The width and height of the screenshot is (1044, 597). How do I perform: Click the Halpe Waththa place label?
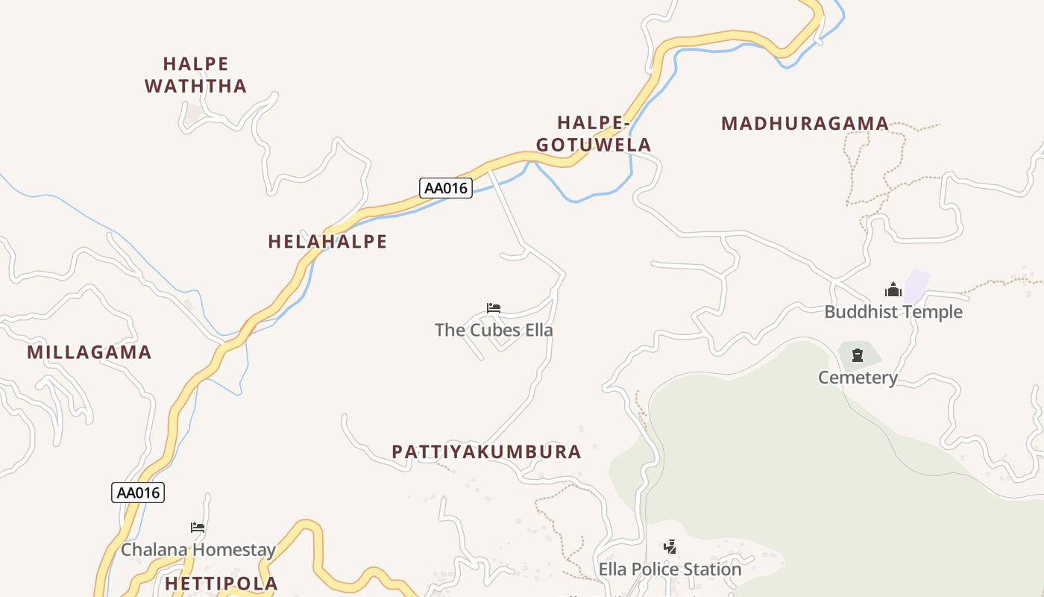pyautogui.click(x=195, y=75)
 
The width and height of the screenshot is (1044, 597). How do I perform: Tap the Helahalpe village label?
pyautogui.click(x=327, y=242)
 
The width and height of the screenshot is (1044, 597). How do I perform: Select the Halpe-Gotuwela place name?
pyautogui.click(x=594, y=134)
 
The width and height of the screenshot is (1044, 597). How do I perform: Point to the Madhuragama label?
pyautogui.click(x=805, y=124)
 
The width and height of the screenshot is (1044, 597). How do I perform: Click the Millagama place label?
pyautogui.click(x=89, y=352)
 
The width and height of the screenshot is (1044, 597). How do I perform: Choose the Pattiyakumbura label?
pyautogui.click(x=486, y=452)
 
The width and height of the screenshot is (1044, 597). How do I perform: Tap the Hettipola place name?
pyautogui.click(x=221, y=584)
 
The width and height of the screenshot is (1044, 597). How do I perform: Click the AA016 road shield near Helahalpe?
pyautogui.click(x=446, y=188)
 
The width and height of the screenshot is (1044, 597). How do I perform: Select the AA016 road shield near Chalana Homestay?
pyautogui.click(x=138, y=493)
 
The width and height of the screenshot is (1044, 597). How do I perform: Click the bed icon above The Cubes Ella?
pyautogui.click(x=493, y=307)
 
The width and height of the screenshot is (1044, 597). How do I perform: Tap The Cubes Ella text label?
pyautogui.click(x=494, y=330)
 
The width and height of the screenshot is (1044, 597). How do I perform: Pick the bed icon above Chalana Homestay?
pyautogui.click(x=198, y=527)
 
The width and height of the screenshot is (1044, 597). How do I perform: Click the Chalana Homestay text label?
pyautogui.click(x=198, y=550)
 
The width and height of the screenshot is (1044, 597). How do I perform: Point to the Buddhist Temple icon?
pyautogui.click(x=893, y=290)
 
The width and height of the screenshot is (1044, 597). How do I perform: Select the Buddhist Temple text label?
pyautogui.click(x=893, y=312)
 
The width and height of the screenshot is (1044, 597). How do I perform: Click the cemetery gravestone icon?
pyautogui.click(x=858, y=354)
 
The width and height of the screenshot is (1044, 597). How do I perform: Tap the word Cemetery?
pyautogui.click(x=858, y=378)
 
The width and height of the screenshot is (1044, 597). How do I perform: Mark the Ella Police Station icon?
pyautogui.click(x=670, y=546)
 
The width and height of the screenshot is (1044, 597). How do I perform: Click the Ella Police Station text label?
pyautogui.click(x=670, y=569)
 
